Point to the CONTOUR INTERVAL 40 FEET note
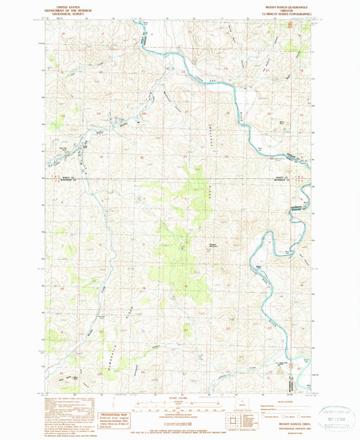pyautogui.click(x=180, y=420)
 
